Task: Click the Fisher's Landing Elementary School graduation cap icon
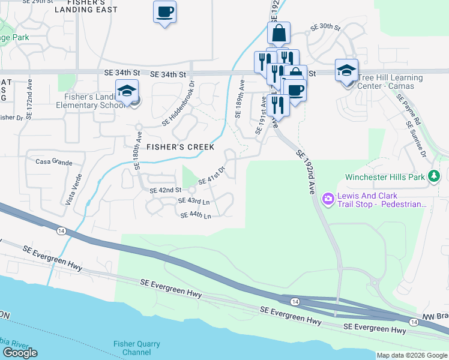[x=127, y=91]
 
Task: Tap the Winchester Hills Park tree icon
[x=433, y=177]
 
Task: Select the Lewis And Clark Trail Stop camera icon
[x=328, y=198]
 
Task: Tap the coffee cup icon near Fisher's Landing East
[x=164, y=11]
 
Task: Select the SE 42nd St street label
[x=165, y=190]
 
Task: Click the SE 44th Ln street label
[x=196, y=216]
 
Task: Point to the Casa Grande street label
[x=54, y=162]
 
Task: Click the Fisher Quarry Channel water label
[x=137, y=348]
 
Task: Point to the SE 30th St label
[x=325, y=28]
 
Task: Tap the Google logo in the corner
[x=20, y=353]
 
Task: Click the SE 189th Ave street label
[x=240, y=99]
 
